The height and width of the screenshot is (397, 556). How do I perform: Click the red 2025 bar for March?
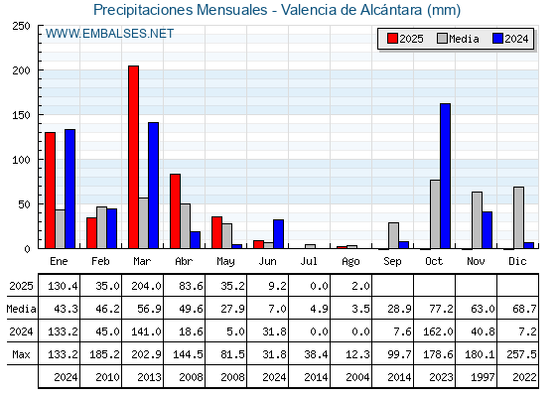click(134, 157)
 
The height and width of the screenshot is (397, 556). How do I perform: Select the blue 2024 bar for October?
click(446, 177)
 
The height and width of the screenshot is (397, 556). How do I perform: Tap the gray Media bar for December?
click(518, 217)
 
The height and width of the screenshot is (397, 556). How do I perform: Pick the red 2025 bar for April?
click(175, 211)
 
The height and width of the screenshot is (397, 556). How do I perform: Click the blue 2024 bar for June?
click(278, 234)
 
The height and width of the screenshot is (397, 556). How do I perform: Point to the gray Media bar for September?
click(393, 235)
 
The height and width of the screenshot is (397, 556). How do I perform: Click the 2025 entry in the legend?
click(405, 39)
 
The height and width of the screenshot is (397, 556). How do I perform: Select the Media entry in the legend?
click(458, 39)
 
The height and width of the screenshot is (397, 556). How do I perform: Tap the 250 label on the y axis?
click(22, 26)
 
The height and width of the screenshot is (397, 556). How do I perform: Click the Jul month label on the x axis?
click(309, 261)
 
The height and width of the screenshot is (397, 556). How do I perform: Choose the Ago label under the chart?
click(350, 262)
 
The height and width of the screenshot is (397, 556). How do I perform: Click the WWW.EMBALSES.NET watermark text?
click(109, 34)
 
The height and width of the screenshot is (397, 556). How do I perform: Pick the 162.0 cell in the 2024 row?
click(438, 331)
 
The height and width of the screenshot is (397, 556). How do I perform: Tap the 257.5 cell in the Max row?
click(521, 354)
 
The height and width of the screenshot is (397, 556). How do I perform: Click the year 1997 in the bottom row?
click(483, 377)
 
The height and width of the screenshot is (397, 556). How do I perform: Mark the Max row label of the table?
click(21, 354)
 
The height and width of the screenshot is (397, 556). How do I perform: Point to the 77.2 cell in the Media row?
click(441, 309)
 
